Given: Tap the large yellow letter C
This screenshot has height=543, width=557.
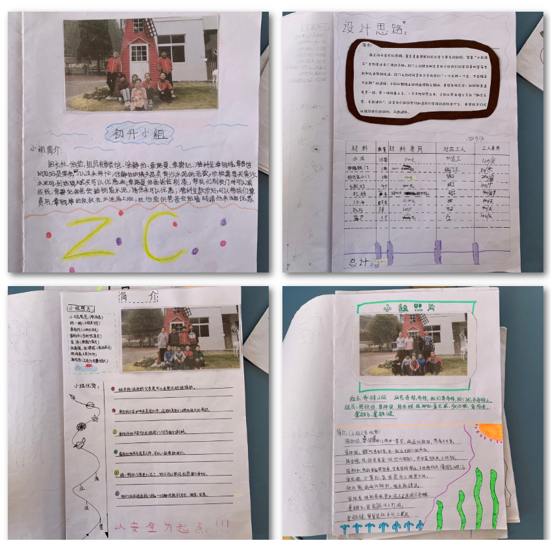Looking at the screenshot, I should point(160,237).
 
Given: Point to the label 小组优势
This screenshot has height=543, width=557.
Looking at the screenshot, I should point(87,384).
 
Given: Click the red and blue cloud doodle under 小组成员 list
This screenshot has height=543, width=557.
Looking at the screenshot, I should point(85,367).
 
